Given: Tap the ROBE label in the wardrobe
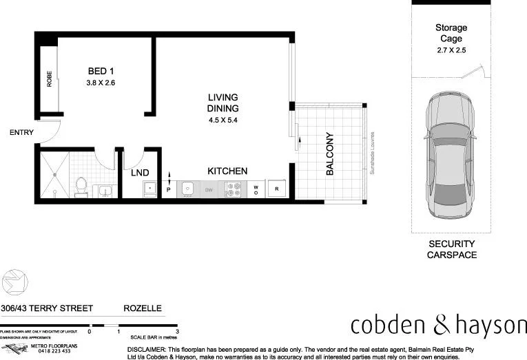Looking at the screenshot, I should (50, 80).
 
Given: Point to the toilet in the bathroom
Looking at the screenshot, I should (81, 187).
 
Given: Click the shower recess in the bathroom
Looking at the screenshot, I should (54, 175).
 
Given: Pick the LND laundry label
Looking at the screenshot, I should (141, 172).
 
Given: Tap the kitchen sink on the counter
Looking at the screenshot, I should (186, 188).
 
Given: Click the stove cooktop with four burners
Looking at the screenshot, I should (234, 189).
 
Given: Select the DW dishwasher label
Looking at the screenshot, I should (209, 189).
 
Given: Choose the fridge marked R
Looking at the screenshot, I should (277, 188).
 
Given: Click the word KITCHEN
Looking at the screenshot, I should (227, 171).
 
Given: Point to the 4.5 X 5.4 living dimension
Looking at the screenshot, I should (223, 120).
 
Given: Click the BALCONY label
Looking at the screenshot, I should (329, 153).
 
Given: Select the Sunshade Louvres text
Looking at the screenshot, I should (371, 153).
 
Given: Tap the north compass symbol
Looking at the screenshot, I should (14, 282).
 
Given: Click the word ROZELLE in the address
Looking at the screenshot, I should (143, 309).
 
